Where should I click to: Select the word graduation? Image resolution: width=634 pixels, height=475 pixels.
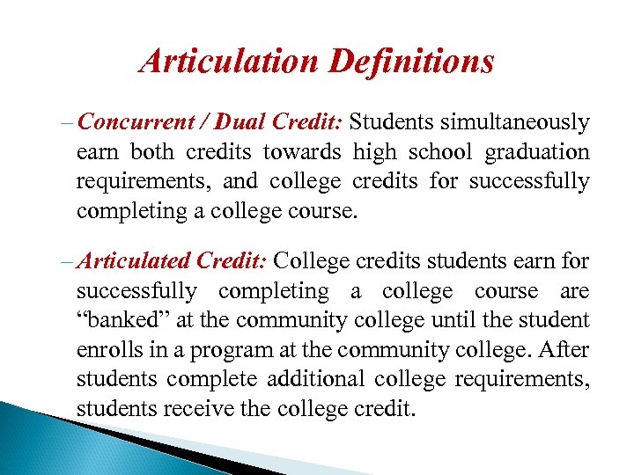[537, 153]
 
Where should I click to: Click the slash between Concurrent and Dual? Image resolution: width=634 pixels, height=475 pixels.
[199, 123]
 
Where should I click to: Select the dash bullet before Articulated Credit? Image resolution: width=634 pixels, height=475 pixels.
[69, 262]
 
